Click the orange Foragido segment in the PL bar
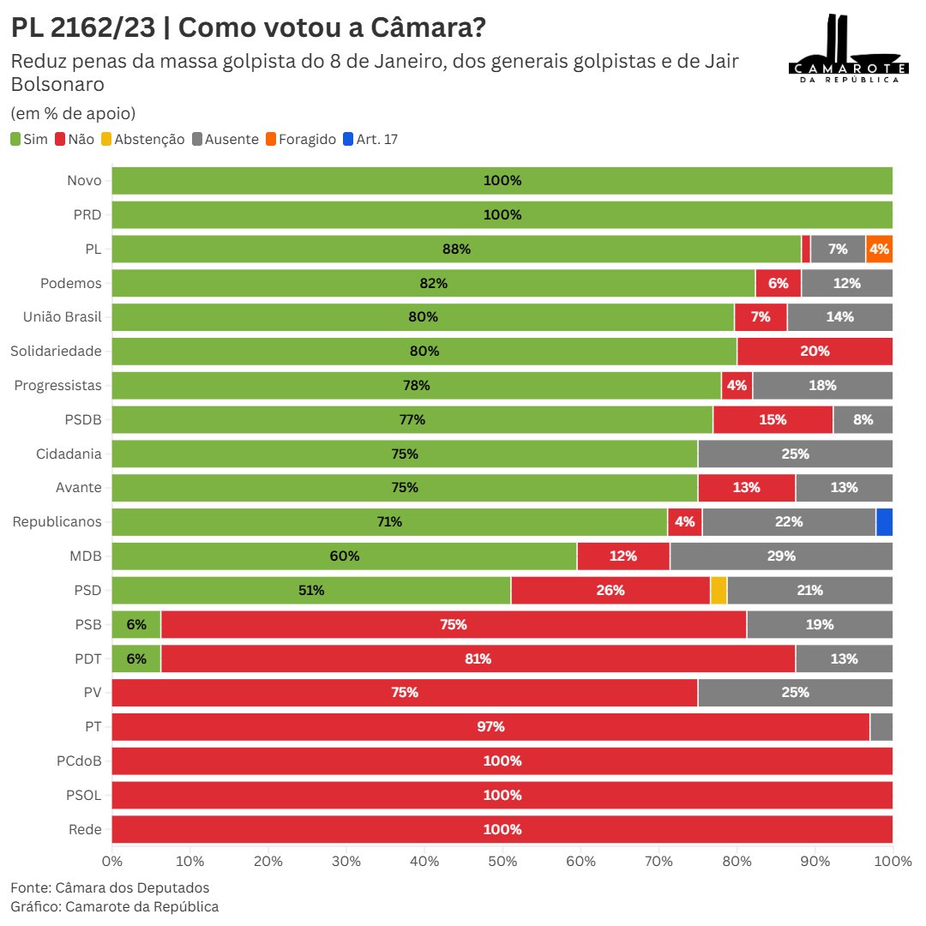tap(879, 249)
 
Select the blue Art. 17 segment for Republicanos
tap(884, 522)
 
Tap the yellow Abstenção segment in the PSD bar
tap(719, 590)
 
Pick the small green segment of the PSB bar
tap(136, 624)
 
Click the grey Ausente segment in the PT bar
tap(881, 727)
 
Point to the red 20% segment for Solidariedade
tap(815, 352)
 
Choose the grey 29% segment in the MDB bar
tap(781, 556)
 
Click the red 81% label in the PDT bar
tap(478, 658)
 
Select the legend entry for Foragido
tap(299, 139)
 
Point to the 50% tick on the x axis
tap(502, 860)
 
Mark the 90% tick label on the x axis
tap(815, 860)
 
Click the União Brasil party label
tap(63, 317)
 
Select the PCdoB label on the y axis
tap(80, 761)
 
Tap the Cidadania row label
tap(69, 454)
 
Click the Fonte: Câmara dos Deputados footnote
tap(110, 887)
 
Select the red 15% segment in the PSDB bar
tap(773, 419)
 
